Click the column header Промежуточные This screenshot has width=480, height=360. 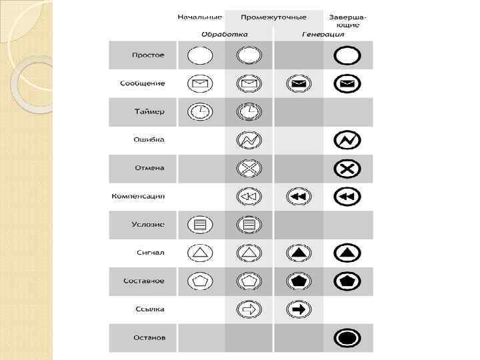point(273,17)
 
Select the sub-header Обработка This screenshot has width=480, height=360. point(225,34)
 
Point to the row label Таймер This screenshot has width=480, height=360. point(149,111)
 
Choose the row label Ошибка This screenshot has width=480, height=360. point(149,140)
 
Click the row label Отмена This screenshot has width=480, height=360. point(149,168)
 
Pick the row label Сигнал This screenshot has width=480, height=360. point(150,253)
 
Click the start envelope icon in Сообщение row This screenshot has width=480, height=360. point(200,84)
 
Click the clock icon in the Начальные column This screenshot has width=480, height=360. point(200,112)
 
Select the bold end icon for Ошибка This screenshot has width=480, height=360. point(347,140)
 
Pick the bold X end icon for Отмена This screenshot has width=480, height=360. point(347,169)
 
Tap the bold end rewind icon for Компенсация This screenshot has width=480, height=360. point(347,197)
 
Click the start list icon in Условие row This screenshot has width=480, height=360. point(200,225)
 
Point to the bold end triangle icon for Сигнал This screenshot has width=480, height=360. point(347,253)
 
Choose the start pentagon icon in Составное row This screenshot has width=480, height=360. point(200,281)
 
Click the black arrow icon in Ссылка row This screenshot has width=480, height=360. point(298,309)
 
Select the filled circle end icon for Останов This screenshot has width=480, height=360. point(347,338)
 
